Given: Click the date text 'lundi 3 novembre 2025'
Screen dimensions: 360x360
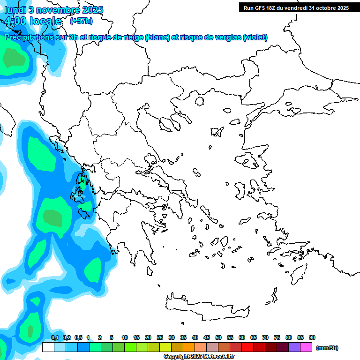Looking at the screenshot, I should point(54,10).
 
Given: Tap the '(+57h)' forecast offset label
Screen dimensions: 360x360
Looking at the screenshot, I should point(81,21).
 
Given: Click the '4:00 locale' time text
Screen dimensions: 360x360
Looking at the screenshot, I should point(32,21).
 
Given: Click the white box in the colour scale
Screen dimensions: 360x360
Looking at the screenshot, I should point(48,347).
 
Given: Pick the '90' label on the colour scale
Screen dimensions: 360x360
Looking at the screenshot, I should point(312,337).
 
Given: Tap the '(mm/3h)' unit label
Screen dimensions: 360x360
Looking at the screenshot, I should point(327,348).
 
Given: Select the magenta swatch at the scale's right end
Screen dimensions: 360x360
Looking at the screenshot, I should point(306,347).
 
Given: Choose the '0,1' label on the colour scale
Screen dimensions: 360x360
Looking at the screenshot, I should point(55,337).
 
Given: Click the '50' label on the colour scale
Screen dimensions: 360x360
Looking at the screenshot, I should point(218,337).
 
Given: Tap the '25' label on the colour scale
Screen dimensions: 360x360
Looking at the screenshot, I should point(160,337).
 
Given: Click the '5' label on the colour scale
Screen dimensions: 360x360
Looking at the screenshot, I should point(112,337).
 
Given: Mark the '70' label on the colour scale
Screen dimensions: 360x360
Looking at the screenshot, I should point(265,337).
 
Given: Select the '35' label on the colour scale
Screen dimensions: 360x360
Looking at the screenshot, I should point(183,337).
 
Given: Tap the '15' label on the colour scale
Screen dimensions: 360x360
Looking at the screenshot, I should point(136,337).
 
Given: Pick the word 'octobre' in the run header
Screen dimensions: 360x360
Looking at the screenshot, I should point(327,8).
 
